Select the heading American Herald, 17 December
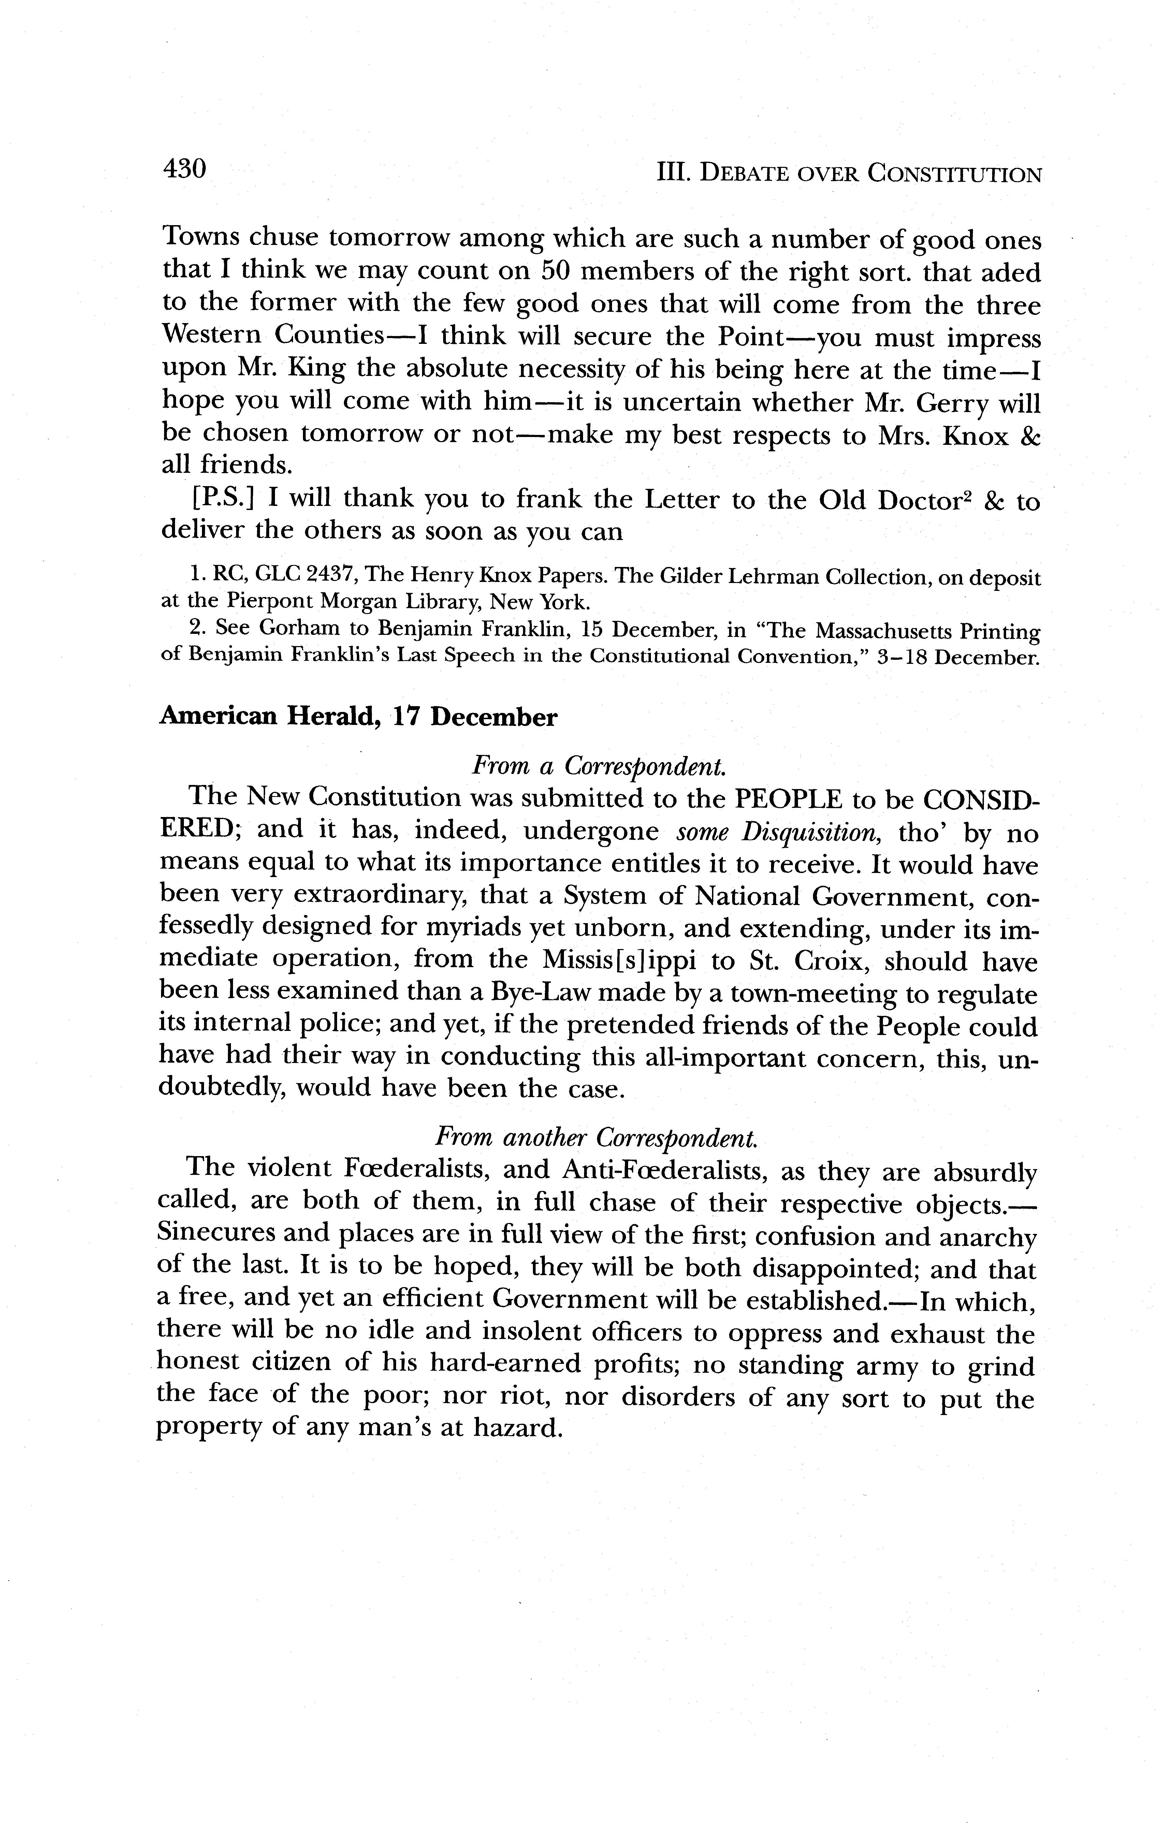click(x=358, y=717)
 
